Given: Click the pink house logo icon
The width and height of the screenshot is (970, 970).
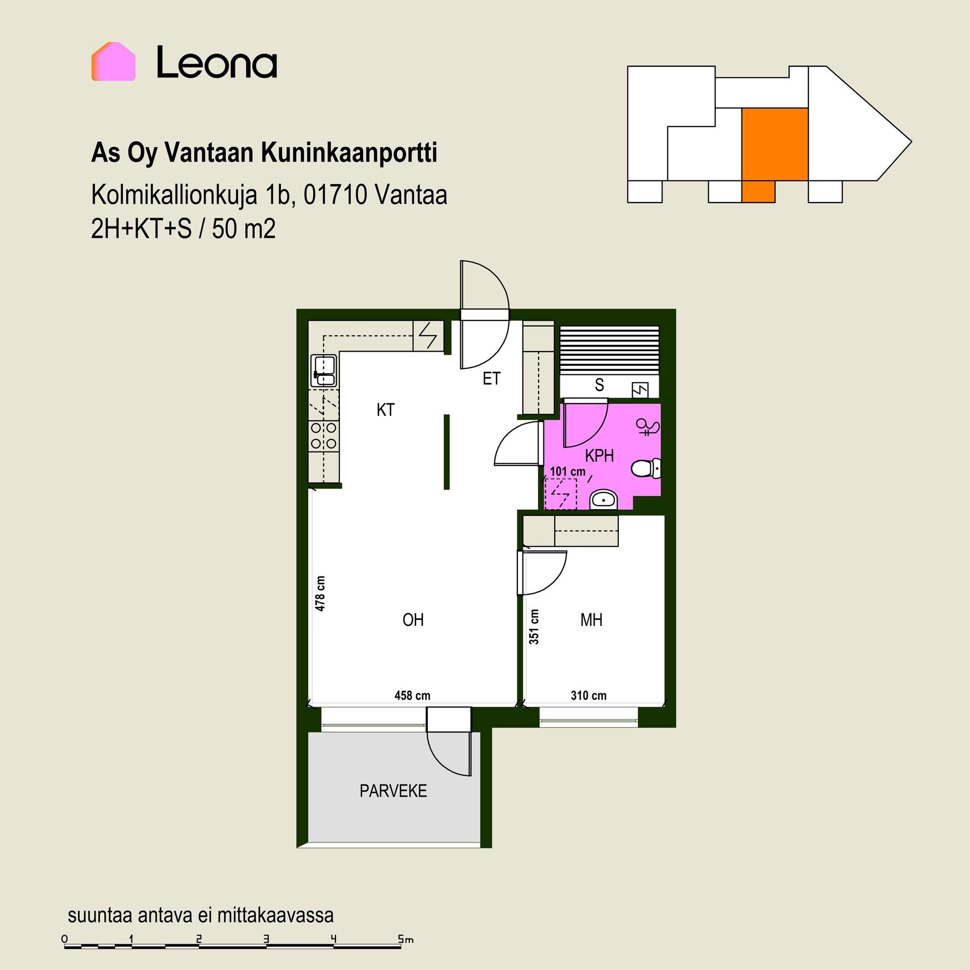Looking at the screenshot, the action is coord(113,62).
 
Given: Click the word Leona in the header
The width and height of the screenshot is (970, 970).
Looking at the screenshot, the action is coord(217,62).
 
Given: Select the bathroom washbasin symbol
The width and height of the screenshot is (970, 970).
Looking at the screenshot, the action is coord(604,500).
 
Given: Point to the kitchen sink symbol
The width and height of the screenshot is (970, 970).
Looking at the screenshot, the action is coord(324,371).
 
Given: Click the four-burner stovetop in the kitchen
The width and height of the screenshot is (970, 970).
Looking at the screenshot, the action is coord(324,436).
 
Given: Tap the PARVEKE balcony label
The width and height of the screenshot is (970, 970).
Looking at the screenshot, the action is coord(393,791).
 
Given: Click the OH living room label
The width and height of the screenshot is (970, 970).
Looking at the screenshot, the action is coord(413,620).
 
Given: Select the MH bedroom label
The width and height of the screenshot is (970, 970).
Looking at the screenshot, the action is coord(591,620).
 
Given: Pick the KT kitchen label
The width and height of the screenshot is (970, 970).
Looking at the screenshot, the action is coord(385,410).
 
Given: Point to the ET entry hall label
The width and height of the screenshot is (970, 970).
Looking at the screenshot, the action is coord(491,378).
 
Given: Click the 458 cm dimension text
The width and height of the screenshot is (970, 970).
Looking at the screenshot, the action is coord(412,696).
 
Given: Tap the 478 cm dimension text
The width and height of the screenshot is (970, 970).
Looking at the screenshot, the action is coord(320,594).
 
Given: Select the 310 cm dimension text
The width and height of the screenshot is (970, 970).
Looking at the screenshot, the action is coord(589,696).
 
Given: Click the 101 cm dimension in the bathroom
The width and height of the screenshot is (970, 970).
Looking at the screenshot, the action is coord(567,471).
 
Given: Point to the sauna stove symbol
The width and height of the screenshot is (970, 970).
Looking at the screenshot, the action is coord(640,390).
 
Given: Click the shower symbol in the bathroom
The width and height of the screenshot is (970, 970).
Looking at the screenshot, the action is coord(648,427).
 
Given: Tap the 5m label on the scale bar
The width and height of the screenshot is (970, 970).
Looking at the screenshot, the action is coord(406,940).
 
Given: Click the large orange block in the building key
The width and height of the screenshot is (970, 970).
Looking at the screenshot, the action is coord(774,144).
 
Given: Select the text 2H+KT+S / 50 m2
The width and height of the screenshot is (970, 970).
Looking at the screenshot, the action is coord(183,229).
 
